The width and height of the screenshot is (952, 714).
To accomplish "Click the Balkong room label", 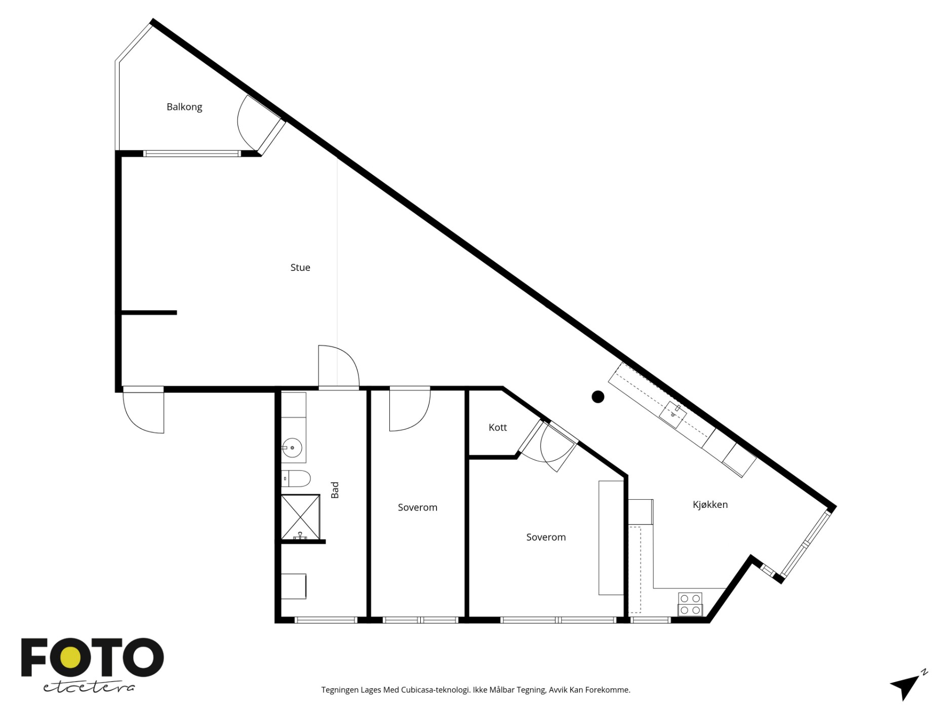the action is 184,107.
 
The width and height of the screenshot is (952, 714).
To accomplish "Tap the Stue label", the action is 300,267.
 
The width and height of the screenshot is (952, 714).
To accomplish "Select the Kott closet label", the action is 498,427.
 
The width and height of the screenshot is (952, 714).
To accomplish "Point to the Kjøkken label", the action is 710,505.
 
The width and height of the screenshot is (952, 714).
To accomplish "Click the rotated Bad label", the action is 335,490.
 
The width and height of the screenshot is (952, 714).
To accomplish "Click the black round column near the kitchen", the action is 598,397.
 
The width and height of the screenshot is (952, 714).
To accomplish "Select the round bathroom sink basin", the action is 292,448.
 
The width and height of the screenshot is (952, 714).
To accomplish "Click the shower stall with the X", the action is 301,518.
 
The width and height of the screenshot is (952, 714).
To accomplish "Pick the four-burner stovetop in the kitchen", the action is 690,604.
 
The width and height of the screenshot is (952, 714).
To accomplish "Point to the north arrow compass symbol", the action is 906,686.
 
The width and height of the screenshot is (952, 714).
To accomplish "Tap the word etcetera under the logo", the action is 89,687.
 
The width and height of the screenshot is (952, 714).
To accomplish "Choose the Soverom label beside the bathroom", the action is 417,507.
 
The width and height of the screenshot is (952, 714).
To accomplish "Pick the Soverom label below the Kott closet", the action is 546,537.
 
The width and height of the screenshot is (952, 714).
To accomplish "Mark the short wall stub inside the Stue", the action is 148,312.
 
